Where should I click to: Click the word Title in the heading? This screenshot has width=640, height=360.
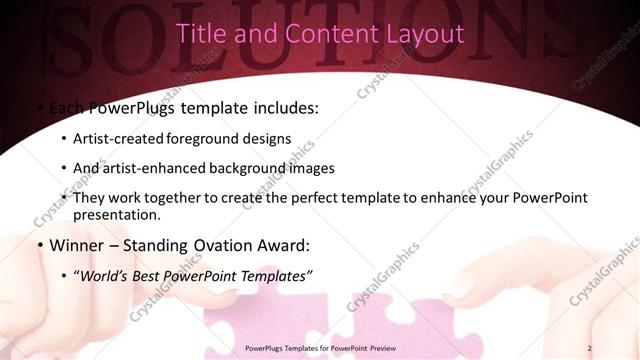click(199, 34)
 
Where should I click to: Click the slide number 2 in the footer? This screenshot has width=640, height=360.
click(590, 348)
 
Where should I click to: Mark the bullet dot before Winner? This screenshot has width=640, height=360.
click(39, 244)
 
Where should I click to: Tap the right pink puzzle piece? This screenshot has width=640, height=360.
click(400, 320)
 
